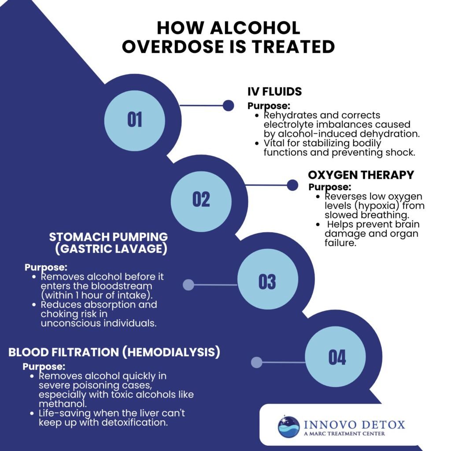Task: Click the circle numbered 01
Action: (x=135, y=120)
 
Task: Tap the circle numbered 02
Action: (x=201, y=200)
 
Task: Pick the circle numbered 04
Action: (x=336, y=357)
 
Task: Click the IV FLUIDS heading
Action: (x=274, y=92)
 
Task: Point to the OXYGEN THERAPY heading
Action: (x=361, y=175)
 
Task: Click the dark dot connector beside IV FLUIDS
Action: (x=228, y=105)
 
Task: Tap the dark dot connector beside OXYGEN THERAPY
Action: (x=292, y=185)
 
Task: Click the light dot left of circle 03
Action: (x=189, y=285)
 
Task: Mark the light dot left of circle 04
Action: (x=256, y=362)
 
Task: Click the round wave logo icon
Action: (x=288, y=426)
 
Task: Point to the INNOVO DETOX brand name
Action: (x=354, y=425)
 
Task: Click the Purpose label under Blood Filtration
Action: (x=44, y=366)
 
